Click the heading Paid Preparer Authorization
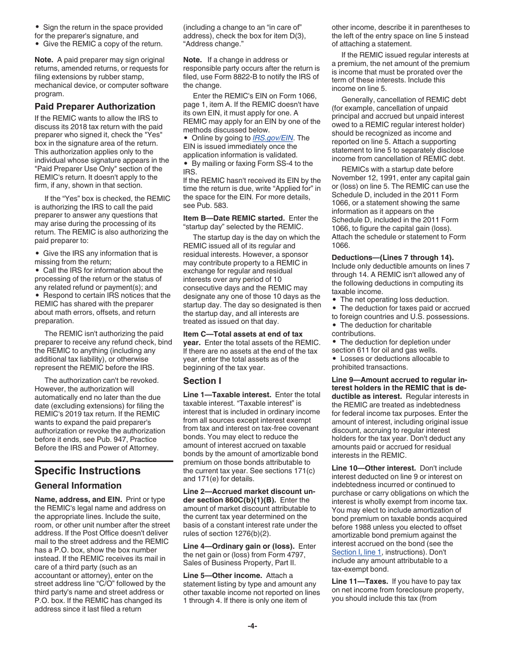point(95,106)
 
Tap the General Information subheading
point(78,485)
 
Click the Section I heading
point(203,381)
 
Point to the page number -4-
point(252,626)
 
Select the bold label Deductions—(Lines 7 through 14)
point(393,257)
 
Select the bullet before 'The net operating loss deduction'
point(334,300)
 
